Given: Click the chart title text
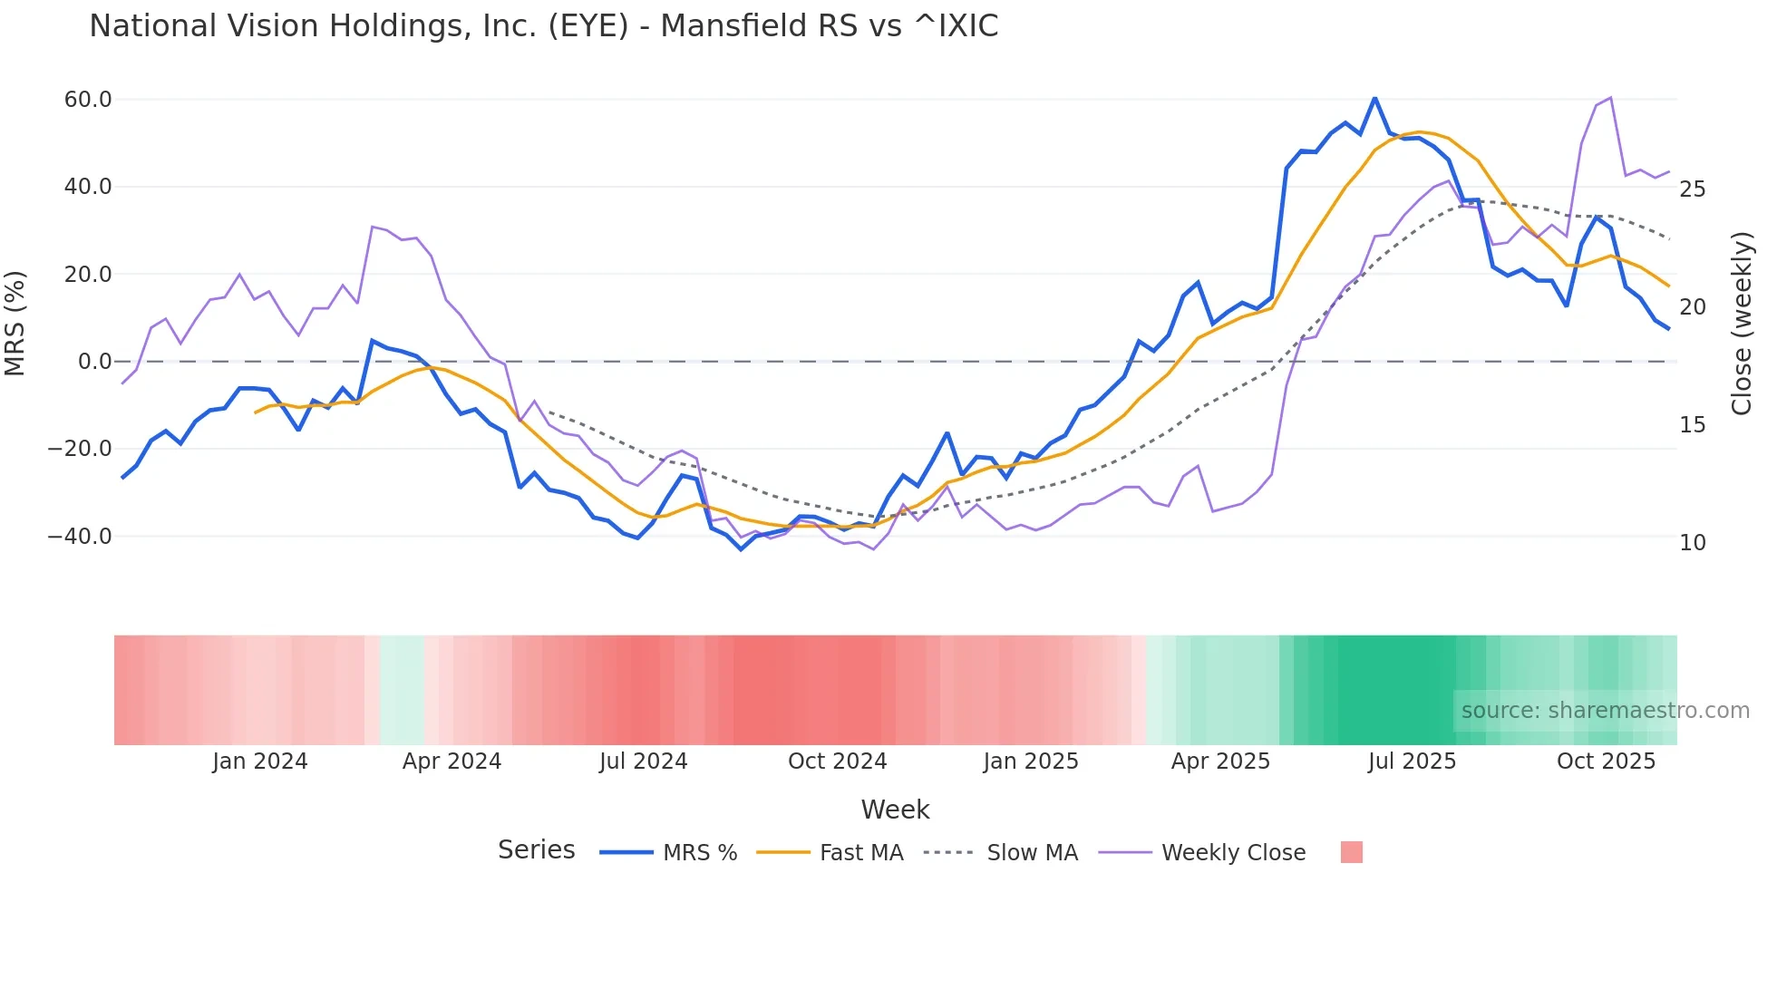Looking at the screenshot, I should coord(543,26).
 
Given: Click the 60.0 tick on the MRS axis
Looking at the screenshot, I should coord(88,100).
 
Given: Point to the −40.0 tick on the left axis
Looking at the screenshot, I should coord(80,537).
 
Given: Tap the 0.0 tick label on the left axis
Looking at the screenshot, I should coord(94,362).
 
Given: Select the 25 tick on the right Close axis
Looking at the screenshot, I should coord(1692,189).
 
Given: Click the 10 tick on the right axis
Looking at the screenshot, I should coord(1692,543).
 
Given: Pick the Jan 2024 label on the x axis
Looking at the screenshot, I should coord(260,761).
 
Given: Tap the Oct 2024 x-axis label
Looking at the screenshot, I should coord(837,761).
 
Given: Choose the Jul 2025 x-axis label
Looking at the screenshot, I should coord(1412,761).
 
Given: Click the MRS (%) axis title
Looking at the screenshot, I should coord(15,324).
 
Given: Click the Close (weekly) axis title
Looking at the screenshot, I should coord(1742,324).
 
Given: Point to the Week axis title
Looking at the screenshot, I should coord(895,810).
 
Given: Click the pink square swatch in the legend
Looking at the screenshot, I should coord(1351,852).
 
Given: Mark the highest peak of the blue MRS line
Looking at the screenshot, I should coord(1374,97).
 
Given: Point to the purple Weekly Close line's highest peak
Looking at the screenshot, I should coord(1610,98).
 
